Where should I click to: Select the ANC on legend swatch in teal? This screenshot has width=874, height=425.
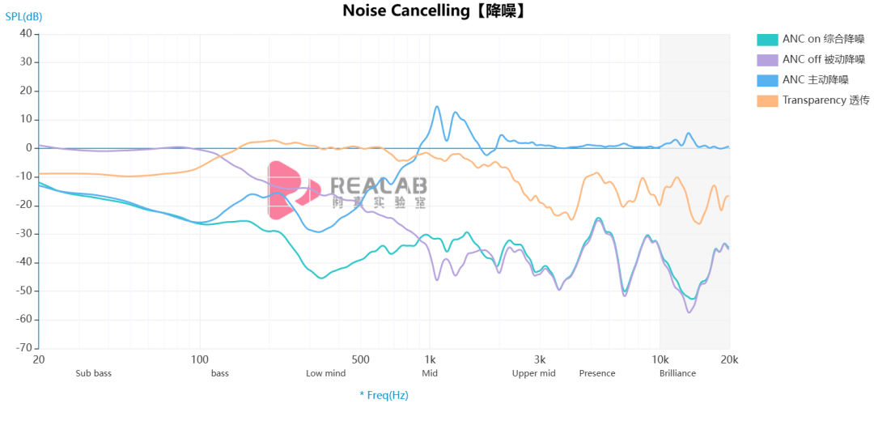point(767,39)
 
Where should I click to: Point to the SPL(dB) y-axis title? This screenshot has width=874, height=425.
point(23,16)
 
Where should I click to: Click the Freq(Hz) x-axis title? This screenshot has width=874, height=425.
point(384,395)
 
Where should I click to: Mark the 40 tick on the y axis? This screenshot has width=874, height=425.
point(25,34)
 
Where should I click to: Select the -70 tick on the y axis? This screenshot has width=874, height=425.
point(23,348)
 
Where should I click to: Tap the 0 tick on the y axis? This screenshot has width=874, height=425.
point(28,148)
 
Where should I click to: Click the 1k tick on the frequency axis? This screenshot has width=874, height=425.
point(430,359)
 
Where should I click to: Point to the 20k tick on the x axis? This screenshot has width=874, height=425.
point(729,359)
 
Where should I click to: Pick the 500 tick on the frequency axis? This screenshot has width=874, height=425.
point(361,359)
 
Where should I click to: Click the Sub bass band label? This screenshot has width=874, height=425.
point(94,373)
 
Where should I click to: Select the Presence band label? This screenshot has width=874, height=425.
point(597,373)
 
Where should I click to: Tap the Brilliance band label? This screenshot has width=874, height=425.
point(677,373)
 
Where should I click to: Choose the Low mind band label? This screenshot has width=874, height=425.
point(325,373)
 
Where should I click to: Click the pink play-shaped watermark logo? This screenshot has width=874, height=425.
point(290,190)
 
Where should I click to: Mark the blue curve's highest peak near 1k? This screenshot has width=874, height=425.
point(437,106)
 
